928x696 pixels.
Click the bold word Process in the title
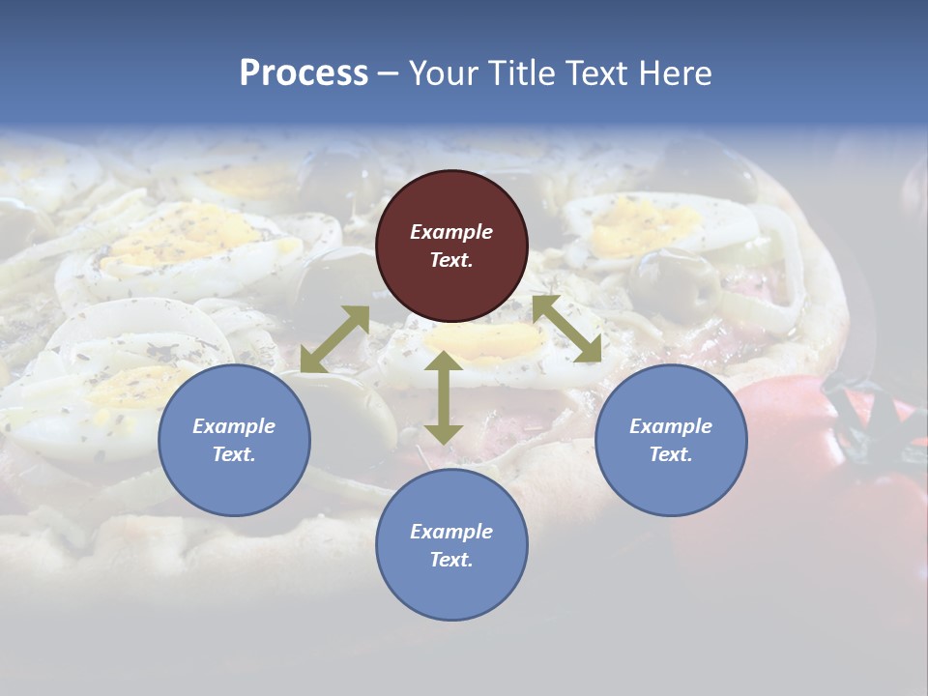(x=304, y=73)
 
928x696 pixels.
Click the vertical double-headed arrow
(x=444, y=397)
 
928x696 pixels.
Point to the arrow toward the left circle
(x=334, y=339)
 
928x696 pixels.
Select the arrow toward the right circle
(x=566, y=329)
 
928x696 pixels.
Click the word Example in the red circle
(x=451, y=232)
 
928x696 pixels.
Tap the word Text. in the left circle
(x=234, y=454)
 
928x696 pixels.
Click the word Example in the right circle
(x=671, y=426)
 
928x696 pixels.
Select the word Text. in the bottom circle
(x=451, y=560)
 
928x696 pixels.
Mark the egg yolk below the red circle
(x=493, y=338)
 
